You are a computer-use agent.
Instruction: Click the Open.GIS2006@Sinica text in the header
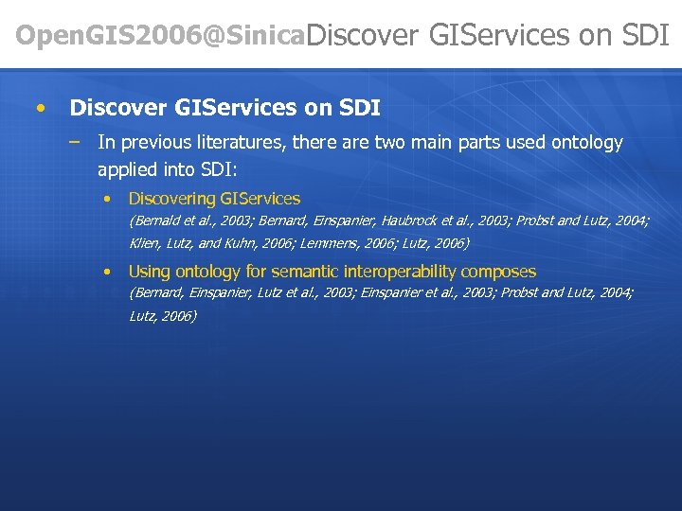[161, 36]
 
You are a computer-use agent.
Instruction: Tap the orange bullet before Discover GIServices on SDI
[39, 108]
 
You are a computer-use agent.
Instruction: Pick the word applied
[127, 170]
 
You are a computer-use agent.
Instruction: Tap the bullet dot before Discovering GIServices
[109, 199]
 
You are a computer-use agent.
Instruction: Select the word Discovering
[171, 199]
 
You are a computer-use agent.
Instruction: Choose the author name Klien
[145, 244]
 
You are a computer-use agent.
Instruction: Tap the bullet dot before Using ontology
[109, 272]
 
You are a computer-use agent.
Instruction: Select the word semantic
[307, 272]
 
